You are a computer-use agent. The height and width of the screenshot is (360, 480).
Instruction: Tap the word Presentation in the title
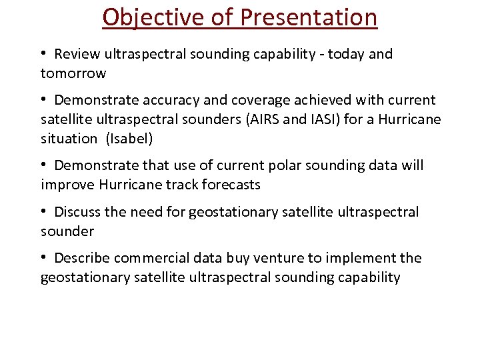[x=308, y=17]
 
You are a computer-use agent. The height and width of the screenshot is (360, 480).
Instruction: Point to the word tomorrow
[x=73, y=73]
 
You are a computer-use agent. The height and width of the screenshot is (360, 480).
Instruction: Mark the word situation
[x=69, y=139]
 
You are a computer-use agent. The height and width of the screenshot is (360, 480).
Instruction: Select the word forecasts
[x=227, y=184]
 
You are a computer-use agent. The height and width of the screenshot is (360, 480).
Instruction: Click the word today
[x=337, y=54]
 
